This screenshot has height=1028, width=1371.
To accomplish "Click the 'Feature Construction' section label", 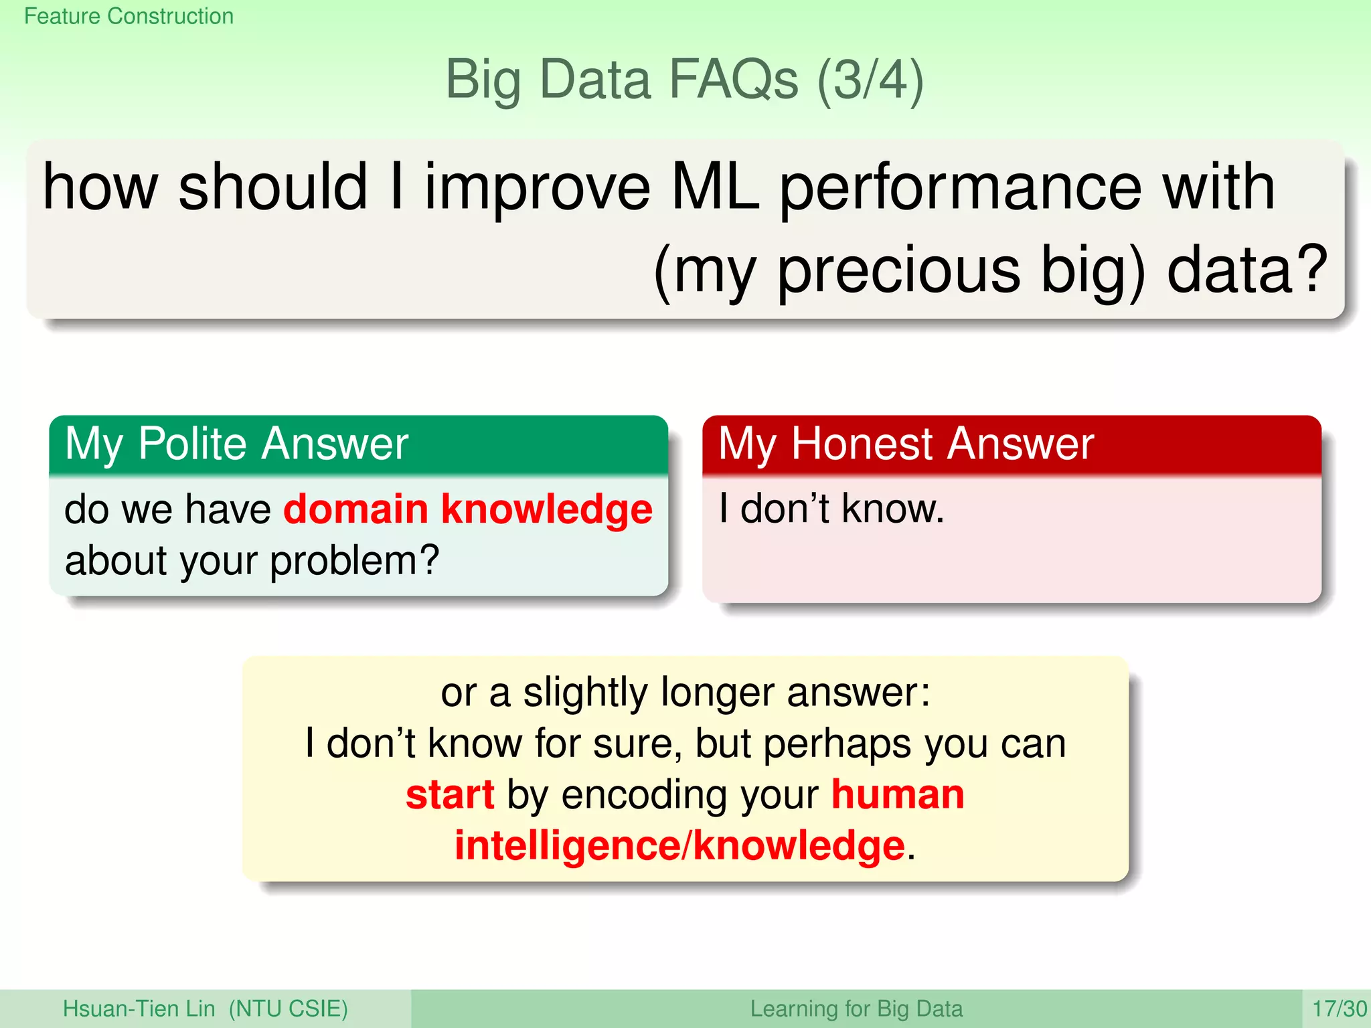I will pos(129,16).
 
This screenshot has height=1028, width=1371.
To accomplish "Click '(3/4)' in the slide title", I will pos(870,80).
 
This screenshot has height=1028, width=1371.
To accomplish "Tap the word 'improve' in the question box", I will pos(537,189).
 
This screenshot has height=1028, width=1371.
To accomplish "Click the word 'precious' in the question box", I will pos(898,270).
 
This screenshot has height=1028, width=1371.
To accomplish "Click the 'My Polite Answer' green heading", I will pos(236,444).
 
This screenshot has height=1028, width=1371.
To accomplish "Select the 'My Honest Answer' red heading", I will pos(906,444).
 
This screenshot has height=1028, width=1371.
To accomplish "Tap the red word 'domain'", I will pos(355,509).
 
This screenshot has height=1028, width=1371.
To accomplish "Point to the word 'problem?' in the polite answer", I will pos(354,561).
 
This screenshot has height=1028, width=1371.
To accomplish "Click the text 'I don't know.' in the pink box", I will pos(831,509).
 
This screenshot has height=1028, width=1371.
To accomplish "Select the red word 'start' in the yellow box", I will pos(450,795).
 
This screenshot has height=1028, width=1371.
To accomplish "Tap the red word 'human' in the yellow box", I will pos(897,795).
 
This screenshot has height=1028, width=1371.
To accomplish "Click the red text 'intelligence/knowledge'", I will pos(679,847).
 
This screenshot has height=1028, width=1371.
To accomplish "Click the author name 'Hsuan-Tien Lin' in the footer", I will pos(139,1009).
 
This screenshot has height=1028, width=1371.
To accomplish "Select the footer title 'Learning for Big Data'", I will pos(856,1009).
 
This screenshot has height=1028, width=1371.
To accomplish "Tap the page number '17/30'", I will pos(1339,1009).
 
